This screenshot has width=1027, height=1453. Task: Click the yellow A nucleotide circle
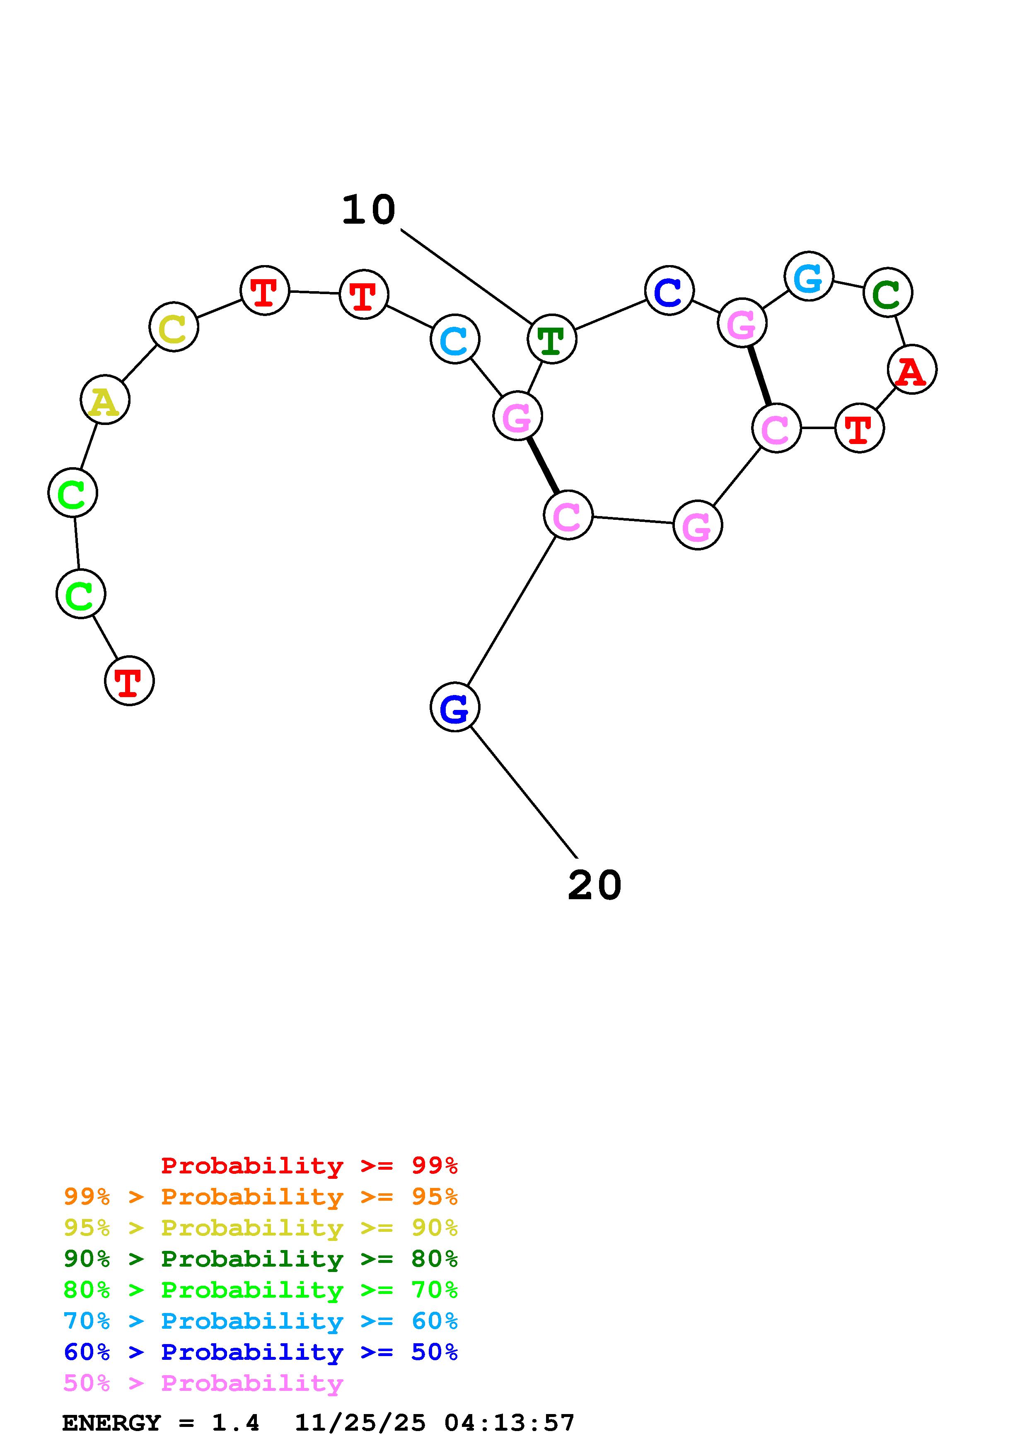tap(105, 400)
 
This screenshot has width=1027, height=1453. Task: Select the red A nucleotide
tap(912, 369)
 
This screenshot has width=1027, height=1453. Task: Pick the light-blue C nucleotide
tap(455, 339)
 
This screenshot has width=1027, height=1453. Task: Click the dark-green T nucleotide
tap(552, 339)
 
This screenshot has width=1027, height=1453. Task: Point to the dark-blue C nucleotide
tap(669, 291)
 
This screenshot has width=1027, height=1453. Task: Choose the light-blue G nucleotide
tap(809, 277)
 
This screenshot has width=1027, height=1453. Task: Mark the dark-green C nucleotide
tap(888, 292)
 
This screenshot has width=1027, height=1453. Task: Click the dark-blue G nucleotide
tap(455, 707)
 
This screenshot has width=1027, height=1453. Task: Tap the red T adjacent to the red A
tap(859, 428)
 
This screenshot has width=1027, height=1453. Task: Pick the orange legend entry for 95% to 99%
tap(261, 1197)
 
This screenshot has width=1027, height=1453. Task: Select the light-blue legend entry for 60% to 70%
tap(261, 1321)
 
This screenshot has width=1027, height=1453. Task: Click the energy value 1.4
tap(235, 1423)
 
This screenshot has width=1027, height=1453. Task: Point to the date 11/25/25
tap(360, 1423)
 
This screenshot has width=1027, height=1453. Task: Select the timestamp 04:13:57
tap(510, 1423)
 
